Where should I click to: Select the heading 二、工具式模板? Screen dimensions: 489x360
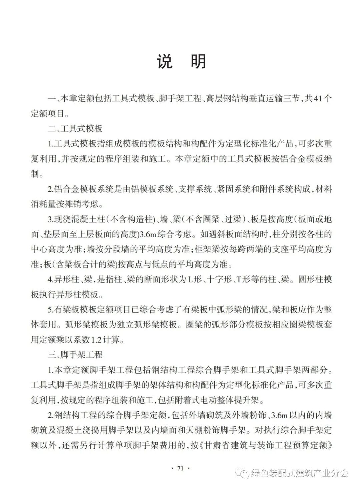75,128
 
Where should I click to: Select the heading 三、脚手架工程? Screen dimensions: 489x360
75,355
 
